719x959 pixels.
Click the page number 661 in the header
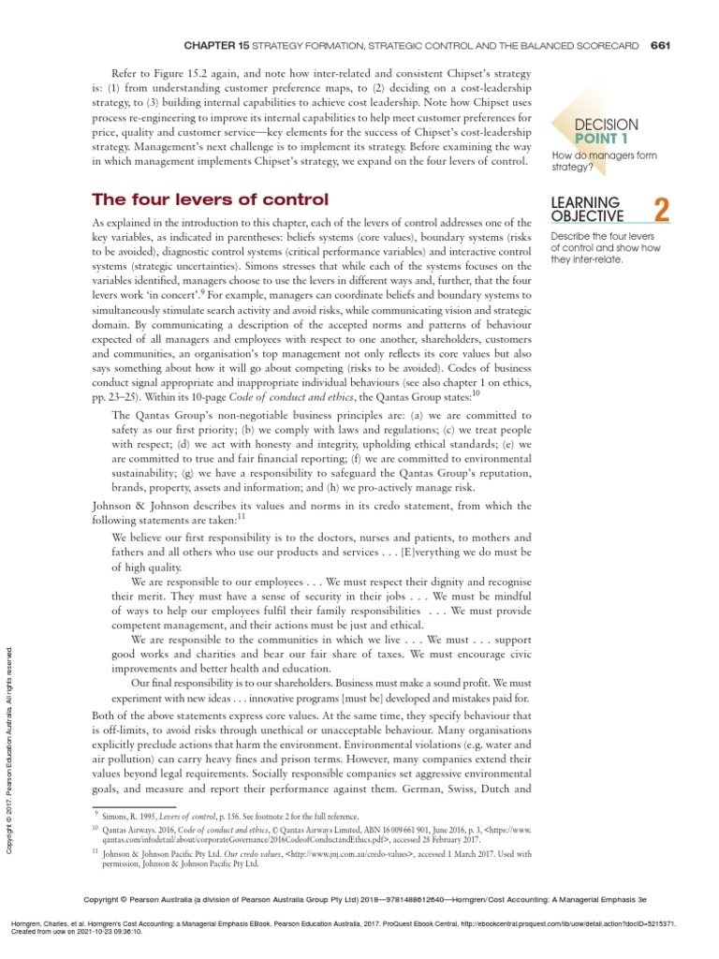pyautogui.click(x=661, y=44)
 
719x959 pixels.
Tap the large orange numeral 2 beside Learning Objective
pyautogui.click(x=662, y=210)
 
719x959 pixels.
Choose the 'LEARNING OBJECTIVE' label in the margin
pyautogui.click(x=586, y=210)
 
